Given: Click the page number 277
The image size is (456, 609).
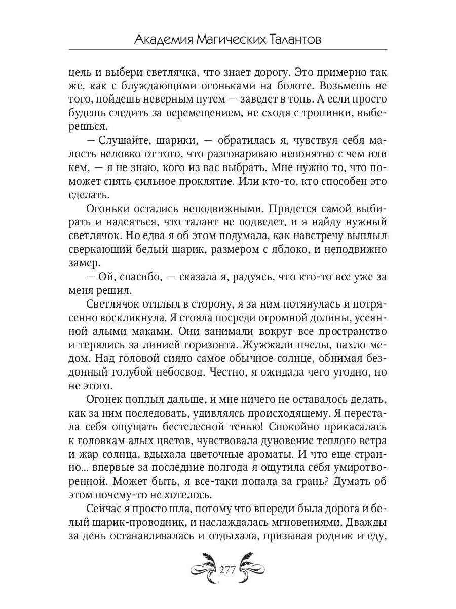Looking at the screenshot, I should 227,569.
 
